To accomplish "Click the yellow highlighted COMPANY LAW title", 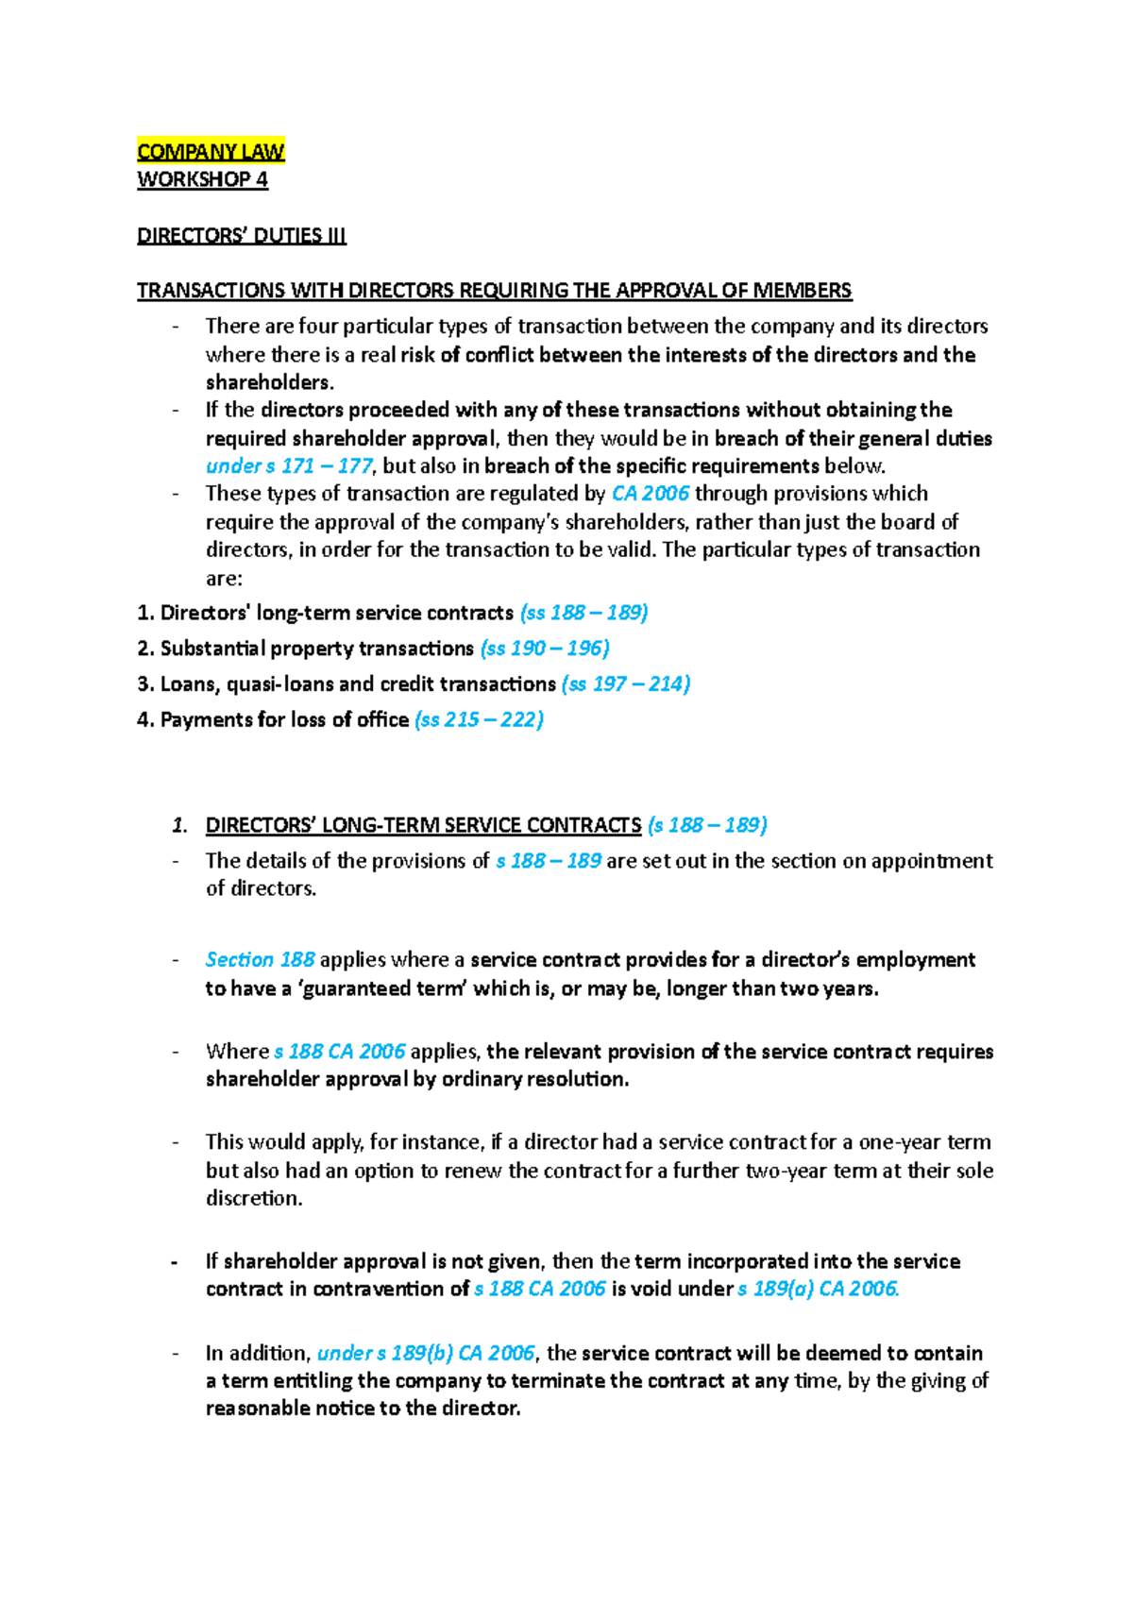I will pyautogui.click(x=211, y=151).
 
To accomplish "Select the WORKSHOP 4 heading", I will pyautogui.click(x=202, y=179).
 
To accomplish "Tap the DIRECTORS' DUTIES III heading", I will pyautogui.click(x=242, y=235).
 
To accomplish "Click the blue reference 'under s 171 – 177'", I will pyautogui.click(x=289, y=465).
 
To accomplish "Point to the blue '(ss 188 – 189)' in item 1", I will pyautogui.click(x=583, y=613).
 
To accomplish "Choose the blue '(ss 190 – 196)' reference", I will pyautogui.click(x=545, y=649).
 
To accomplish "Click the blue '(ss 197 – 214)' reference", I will pyautogui.click(x=625, y=683).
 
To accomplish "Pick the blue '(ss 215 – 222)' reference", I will pyautogui.click(x=479, y=719).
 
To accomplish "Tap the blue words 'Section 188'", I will pyautogui.click(x=260, y=959).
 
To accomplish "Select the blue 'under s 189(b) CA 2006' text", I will pyautogui.click(x=426, y=1353).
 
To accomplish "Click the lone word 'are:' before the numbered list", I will pyautogui.click(x=224, y=578).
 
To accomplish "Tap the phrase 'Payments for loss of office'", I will pyautogui.click(x=284, y=719).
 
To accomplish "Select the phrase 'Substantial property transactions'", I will pyautogui.click(x=316, y=649).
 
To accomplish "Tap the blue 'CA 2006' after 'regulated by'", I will pyautogui.click(x=651, y=494).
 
